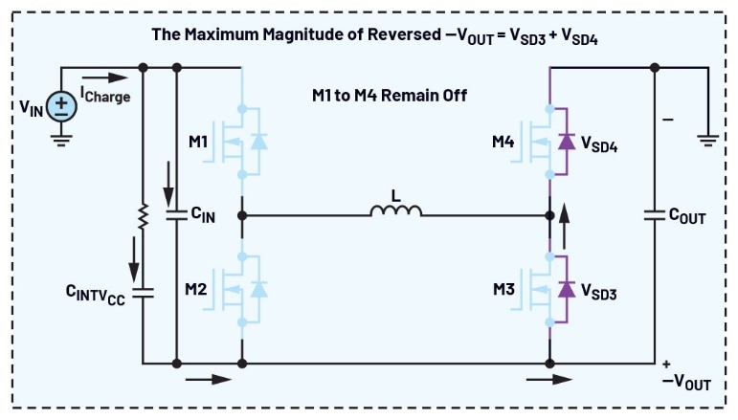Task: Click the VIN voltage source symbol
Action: pyautogui.click(x=61, y=104)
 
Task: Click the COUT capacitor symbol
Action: pyautogui.click(x=655, y=216)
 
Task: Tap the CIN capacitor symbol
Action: pyautogui.click(x=177, y=216)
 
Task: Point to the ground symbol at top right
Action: pyautogui.click(x=707, y=141)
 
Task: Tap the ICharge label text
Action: pyautogui.click(x=104, y=96)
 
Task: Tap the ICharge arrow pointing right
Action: pyautogui.click(x=102, y=77)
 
